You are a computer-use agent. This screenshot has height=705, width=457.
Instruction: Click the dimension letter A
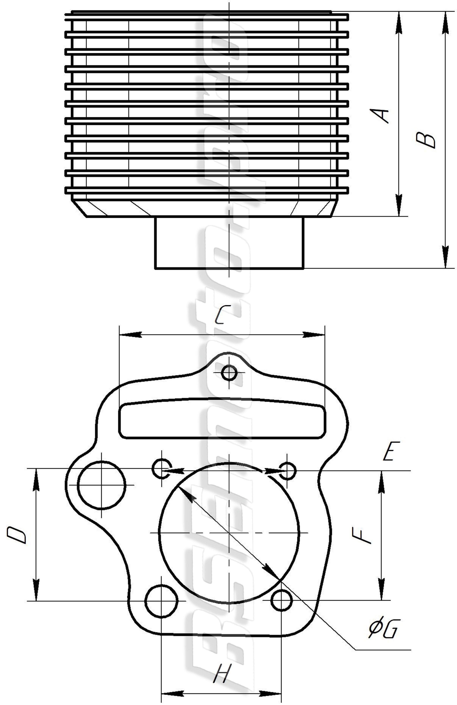380,115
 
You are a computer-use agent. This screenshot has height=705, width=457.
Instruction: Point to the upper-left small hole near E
161,469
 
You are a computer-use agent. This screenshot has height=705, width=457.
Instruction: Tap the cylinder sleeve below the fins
229,243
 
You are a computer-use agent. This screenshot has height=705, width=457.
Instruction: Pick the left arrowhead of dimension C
130,335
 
